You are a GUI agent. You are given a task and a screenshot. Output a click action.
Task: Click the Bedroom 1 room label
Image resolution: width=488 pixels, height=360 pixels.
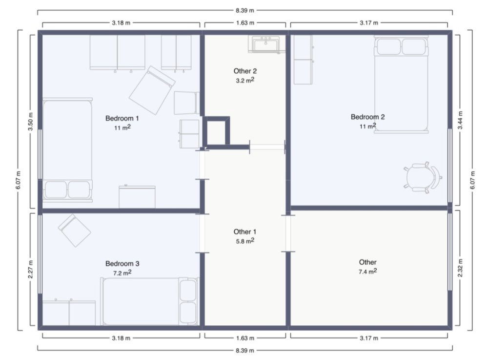tap(122, 118)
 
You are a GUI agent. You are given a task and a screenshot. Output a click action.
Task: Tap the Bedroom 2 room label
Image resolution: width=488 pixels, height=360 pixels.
tap(367, 117)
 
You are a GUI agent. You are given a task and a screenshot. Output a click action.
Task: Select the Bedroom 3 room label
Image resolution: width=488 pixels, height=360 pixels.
tap(122, 264)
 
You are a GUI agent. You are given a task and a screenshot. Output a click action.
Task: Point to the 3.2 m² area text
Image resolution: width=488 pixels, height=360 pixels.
tap(245, 80)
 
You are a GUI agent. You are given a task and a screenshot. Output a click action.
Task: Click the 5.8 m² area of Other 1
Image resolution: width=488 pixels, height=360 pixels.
tap(245, 241)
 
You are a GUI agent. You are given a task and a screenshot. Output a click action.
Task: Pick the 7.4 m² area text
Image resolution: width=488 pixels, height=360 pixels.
tap(367, 272)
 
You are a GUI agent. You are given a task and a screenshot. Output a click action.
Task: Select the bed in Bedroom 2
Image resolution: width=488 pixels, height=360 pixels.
tap(401, 84)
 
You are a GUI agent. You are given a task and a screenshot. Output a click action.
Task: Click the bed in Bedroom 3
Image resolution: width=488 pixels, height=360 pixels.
tap(149, 301)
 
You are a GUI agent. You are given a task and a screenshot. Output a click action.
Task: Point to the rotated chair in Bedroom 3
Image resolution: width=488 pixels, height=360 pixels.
tap(74, 231)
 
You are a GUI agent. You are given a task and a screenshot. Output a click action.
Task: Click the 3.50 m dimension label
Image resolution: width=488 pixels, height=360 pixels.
tap(30, 122)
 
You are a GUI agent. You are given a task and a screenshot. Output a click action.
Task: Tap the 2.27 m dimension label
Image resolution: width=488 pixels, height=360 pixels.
tap(30, 270)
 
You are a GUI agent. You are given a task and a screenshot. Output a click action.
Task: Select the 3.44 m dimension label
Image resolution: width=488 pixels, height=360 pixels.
tap(460, 120)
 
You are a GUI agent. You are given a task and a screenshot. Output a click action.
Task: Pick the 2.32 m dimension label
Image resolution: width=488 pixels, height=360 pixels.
tap(460, 268)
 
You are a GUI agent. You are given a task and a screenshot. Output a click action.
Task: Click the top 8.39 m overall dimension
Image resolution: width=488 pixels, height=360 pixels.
tap(244, 10)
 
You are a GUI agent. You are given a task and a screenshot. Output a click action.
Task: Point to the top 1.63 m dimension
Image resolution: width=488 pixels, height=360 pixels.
tap(245, 23)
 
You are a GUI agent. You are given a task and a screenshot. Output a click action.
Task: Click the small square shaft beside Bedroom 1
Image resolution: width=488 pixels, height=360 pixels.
tap(216, 131)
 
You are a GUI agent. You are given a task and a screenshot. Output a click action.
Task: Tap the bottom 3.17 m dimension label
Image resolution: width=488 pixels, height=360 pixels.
tap(369, 338)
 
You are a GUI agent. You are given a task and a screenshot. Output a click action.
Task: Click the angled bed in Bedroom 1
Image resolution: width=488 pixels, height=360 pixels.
tap(152, 90)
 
